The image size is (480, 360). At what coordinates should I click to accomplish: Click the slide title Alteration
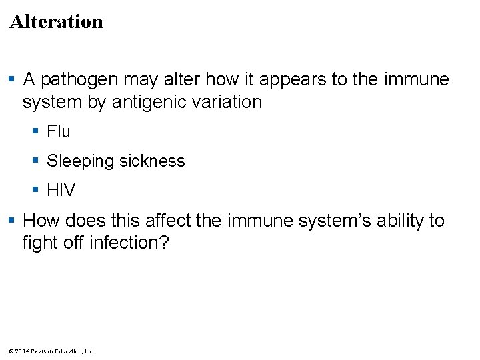coord(57,21)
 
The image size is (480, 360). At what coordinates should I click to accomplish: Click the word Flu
coord(59,132)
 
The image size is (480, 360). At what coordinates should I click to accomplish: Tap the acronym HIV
coord(61,191)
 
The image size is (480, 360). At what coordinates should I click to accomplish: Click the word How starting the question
coord(41,221)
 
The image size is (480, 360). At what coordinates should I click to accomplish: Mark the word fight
coord(38,243)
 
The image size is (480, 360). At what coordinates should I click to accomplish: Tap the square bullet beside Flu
coord(37,132)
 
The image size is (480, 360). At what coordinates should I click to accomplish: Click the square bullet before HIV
coord(37,191)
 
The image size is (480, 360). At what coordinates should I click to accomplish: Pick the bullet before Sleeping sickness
coord(37,161)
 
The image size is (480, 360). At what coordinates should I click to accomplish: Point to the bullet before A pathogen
coord(13,80)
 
